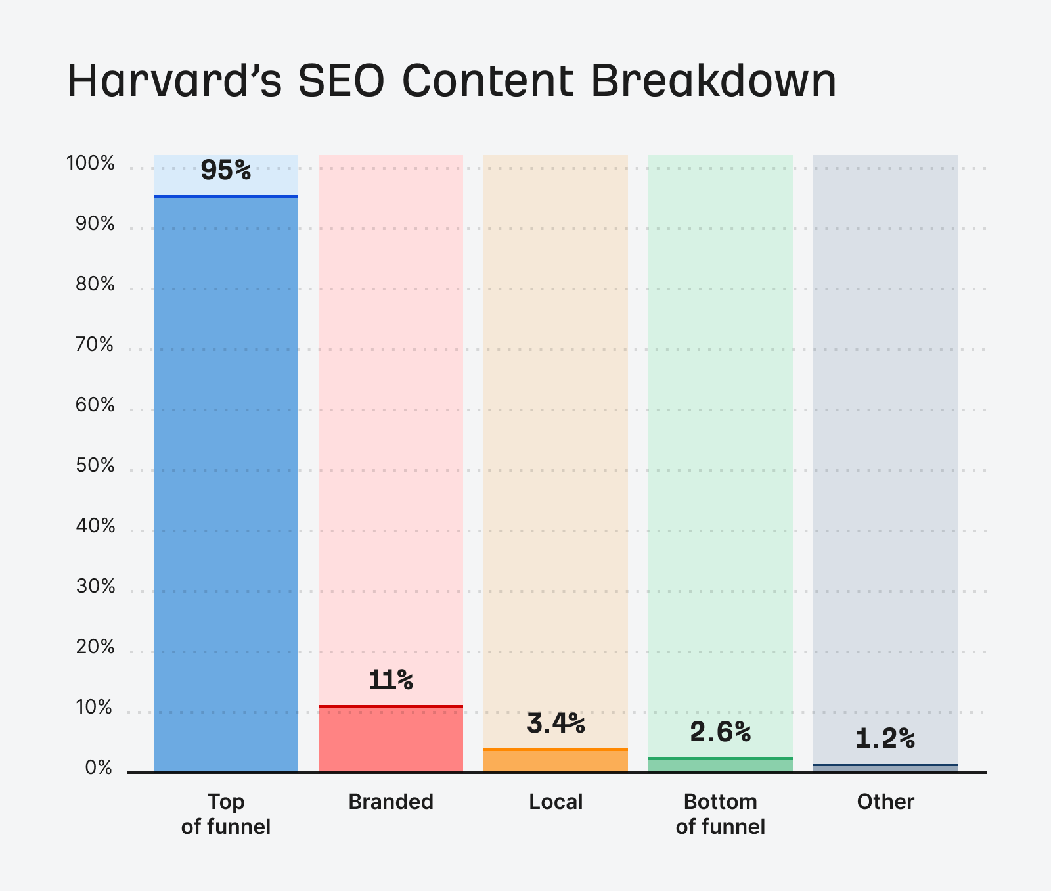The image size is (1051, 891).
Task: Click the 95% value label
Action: [226, 171]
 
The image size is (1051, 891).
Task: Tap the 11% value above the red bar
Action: [391, 680]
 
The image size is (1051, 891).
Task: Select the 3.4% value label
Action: [556, 723]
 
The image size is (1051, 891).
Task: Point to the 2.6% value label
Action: [721, 732]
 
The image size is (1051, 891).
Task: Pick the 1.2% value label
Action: [885, 739]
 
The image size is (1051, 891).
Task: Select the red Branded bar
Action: [391, 740]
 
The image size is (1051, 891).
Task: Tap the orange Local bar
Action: [556, 761]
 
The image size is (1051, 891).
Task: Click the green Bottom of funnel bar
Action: [721, 765]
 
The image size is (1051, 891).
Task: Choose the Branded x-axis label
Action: [391, 802]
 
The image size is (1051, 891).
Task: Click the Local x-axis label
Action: [556, 802]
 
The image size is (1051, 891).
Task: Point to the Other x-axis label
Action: [885, 802]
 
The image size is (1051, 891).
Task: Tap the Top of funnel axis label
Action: [226, 814]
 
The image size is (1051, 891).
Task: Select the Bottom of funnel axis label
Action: [721, 814]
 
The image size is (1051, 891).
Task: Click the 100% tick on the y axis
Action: [91, 163]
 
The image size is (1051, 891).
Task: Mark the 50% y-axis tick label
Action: [95, 465]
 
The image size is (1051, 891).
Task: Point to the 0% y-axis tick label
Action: [99, 767]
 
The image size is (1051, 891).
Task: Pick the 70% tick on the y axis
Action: [95, 344]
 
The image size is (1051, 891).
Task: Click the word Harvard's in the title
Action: [174, 81]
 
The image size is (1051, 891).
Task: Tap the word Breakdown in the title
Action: [713, 81]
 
